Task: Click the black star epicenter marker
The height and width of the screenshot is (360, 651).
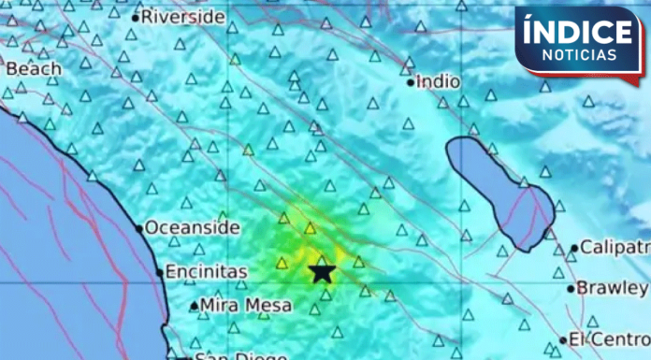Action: coord(322,272)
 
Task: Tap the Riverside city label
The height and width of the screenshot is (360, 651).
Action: coord(182,17)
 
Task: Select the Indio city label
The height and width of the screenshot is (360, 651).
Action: coord(439,81)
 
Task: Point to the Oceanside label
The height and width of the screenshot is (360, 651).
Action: coord(192,227)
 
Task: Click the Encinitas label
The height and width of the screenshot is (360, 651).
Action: coord(206,272)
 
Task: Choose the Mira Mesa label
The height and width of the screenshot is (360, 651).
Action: coord(246,305)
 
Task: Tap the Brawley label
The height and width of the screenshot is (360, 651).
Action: coord(612,287)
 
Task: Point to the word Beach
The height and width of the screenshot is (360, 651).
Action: coord(34,68)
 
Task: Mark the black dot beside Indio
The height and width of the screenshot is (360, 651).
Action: coord(411,82)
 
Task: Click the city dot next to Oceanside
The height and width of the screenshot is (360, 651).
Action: coord(139,228)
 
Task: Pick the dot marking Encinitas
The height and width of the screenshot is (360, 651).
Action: coord(159,273)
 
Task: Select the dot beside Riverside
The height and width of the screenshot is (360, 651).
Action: coord(135,18)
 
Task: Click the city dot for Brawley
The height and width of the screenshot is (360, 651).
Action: coord(571,288)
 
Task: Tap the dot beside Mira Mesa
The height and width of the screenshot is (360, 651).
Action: coord(194,306)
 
